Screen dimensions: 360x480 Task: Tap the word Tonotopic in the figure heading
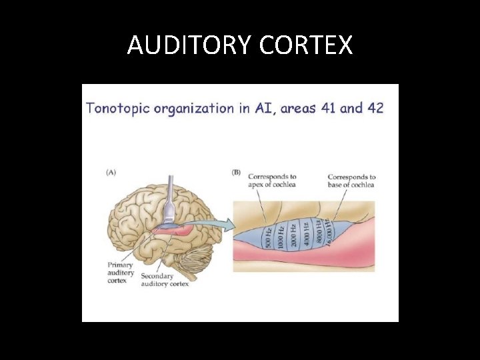coord(120,108)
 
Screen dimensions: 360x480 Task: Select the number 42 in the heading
coord(371,108)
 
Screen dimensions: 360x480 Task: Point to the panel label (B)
coord(236,172)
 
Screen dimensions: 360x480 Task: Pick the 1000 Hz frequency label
coord(282,237)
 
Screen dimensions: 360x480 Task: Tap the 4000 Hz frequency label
coord(307,233)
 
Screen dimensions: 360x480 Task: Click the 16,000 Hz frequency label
coord(329,230)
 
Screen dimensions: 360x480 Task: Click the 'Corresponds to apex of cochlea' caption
coord(272,180)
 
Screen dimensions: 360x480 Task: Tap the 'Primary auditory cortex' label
coord(121,273)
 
